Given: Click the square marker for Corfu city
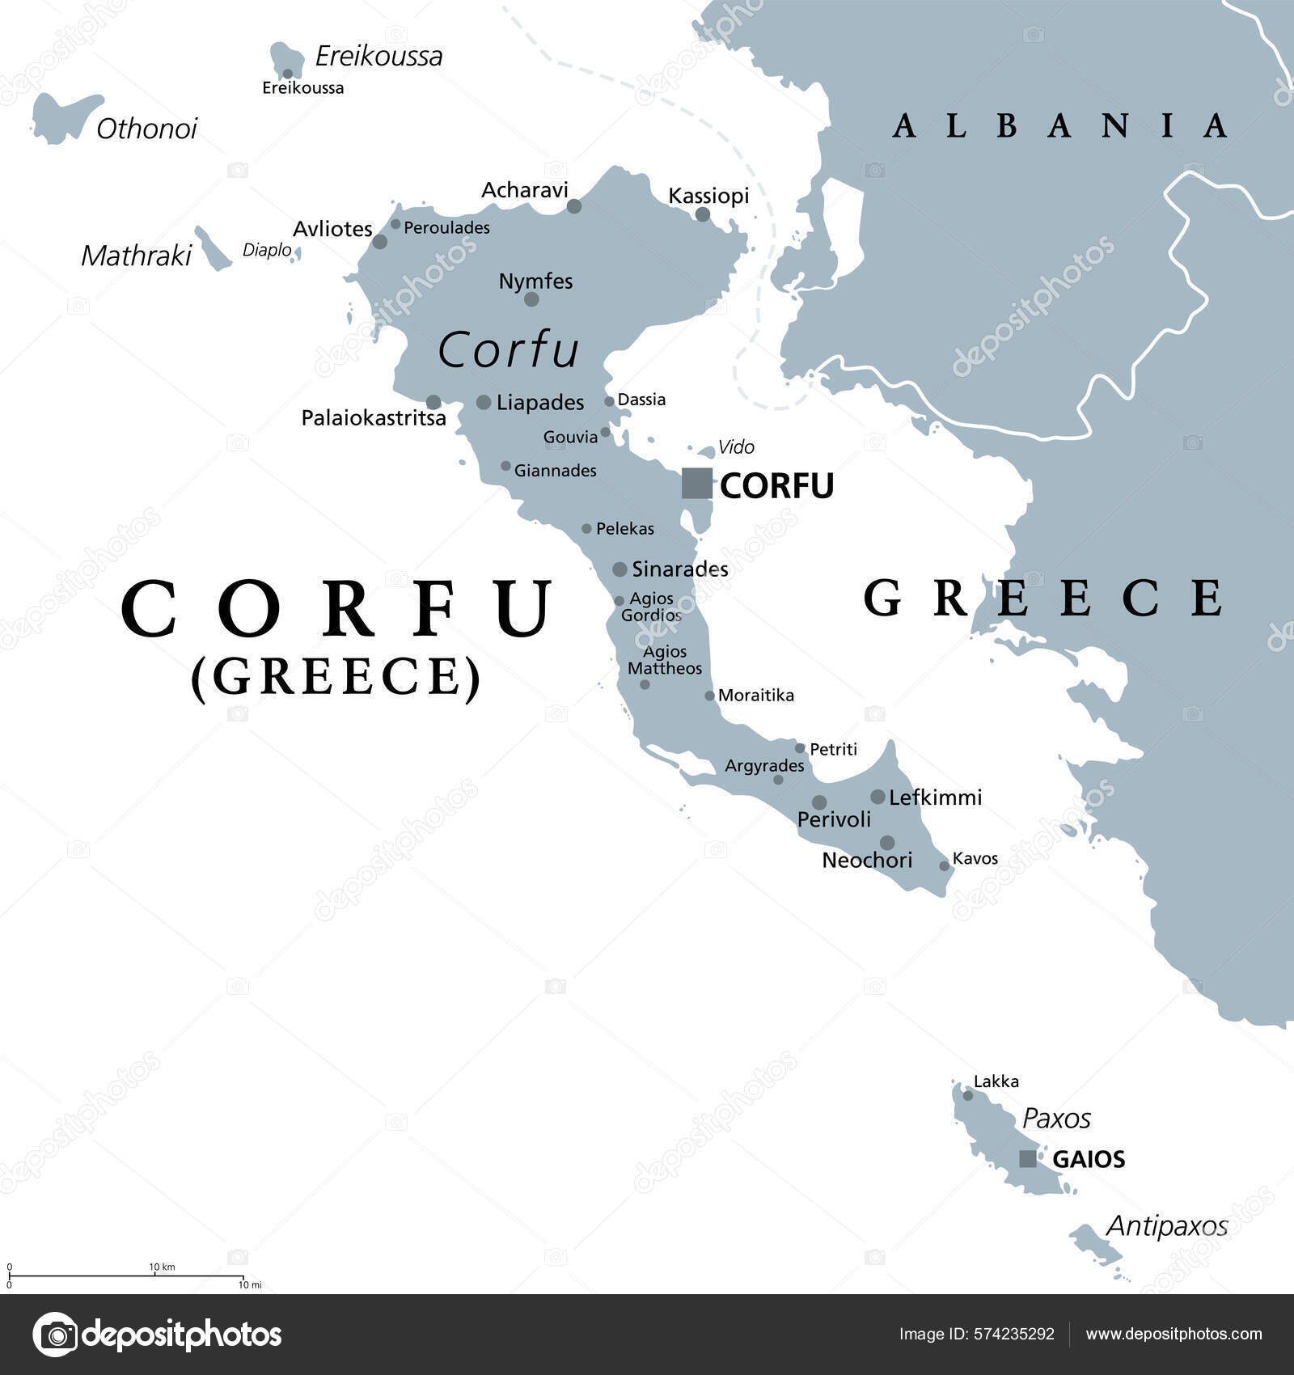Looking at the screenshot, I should (x=696, y=483).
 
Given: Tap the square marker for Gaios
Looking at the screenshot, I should (x=1027, y=1158).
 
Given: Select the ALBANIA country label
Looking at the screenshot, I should (x=1059, y=126).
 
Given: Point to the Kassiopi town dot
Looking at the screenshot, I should (x=703, y=214).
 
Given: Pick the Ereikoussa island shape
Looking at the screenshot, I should (x=286, y=60).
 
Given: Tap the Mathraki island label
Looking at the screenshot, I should (x=136, y=256).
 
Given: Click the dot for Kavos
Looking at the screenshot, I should (x=944, y=866).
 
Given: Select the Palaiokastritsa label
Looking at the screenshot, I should (x=374, y=418).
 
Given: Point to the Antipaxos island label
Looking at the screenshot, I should (x=1166, y=1226).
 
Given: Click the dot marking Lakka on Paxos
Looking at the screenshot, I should (x=967, y=1095).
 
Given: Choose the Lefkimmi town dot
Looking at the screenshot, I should (x=877, y=797).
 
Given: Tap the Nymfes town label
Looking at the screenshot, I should (x=535, y=281).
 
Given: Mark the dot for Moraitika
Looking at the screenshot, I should (x=709, y=696).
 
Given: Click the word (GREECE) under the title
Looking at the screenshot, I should (x=336, y=676).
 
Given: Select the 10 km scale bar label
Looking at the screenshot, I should (x=162, y=1267).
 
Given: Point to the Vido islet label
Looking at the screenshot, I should (x=736, y=446).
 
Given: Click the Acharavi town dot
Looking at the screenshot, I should (x=574, y=206).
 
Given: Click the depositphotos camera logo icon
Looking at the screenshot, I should (x=55, y=1335).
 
